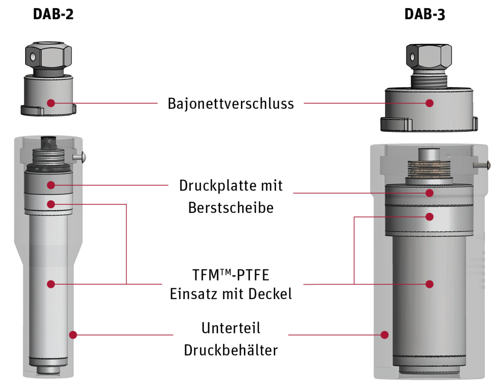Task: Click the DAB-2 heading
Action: click(x=53, y=14)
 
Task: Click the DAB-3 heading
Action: click(x=425, y=14)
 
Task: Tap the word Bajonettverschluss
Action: click(x=231, y=103)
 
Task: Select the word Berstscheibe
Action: click(x=231, y=207)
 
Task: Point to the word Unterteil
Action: click(x=231, y=328)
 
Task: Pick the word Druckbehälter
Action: click(x=231, y=350)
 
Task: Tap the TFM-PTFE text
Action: click(x=231, y=275)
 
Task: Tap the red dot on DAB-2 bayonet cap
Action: click(x=51, y=103)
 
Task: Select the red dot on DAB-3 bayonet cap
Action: click(x=429, y=103)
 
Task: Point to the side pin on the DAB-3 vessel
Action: click(x=482, y=164)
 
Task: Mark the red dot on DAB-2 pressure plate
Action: click(x=51, y=185)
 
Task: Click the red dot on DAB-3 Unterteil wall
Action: click(x=384, y=335)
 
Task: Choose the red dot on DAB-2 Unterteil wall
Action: click(x=73, y=335)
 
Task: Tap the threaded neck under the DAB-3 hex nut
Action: click(x=429, y=81)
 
